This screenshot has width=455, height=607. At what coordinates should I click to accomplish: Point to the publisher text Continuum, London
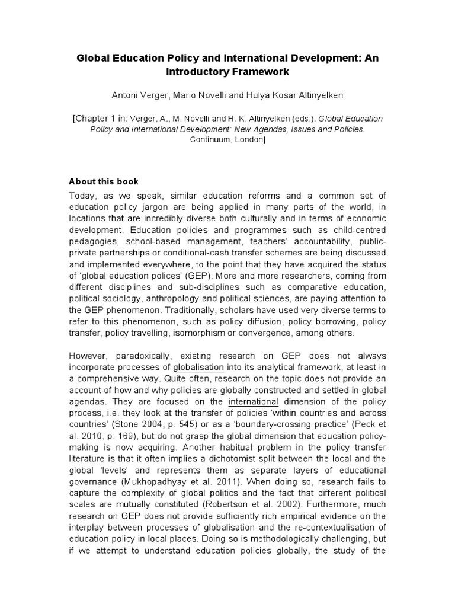[227, 139]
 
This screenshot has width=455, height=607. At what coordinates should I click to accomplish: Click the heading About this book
[104, 181]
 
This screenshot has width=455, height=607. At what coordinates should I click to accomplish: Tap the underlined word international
[254, 402]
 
